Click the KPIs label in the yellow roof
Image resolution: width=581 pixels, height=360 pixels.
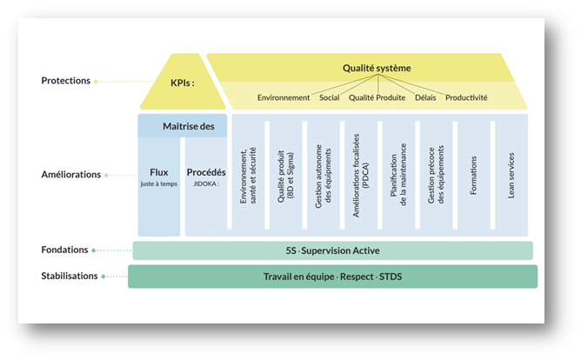tap(180, 85)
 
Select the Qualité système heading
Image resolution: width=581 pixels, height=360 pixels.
tap(376, 68)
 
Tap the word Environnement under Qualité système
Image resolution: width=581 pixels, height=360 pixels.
tap(284, 97)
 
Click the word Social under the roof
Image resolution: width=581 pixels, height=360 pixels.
tap(330, 97)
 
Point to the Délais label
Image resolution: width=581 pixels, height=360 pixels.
tap(425, 97)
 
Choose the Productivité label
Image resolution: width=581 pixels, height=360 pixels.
tap(466, 97)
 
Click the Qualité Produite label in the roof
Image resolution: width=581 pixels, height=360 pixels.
tap(377, 97)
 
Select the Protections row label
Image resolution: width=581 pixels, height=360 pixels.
tap(65, 81)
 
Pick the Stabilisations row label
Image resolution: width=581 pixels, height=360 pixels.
tap(69, 276)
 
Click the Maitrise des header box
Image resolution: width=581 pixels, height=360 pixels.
tap(183, 127)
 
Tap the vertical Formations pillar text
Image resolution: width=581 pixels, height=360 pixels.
tap(473, 175)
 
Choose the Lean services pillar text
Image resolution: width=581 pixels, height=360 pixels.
tap(511, 175)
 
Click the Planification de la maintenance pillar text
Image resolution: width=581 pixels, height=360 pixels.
tap(398, 175)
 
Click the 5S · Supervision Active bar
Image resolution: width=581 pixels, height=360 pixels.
tap(332, 251)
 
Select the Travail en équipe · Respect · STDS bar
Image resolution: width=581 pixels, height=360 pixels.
tap(332, 277)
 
